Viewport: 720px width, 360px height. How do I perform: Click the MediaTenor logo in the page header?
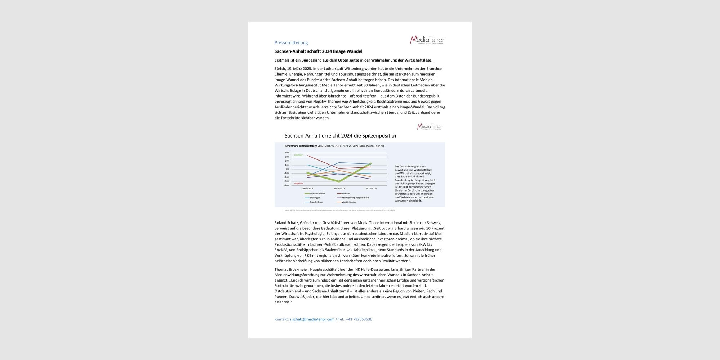tap(427, 40)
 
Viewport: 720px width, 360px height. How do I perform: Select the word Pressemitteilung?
tap(291, 43)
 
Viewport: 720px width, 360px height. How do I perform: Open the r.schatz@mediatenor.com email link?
tap(312, 319)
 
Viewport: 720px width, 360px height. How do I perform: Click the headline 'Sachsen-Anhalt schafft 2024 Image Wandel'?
tap(318, 51)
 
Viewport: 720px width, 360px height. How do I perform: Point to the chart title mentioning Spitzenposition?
tap(341, 136)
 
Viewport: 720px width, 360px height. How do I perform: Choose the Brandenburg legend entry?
tap(316, 202)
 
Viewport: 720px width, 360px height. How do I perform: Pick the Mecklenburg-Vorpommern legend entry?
tap(355, 198)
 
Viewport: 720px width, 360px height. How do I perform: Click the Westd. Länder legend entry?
tap(348, 202)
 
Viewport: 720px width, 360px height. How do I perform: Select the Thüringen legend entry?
tap(314, 198)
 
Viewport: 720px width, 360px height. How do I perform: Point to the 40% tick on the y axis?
tap(287, 153)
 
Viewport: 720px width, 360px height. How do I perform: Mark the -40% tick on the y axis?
tap(287, 185)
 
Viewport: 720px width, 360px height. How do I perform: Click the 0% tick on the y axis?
tap(288, 169)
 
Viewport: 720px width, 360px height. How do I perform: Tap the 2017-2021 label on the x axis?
tap(339, 189)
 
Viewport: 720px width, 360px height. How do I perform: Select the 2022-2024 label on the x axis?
tap(371, 189)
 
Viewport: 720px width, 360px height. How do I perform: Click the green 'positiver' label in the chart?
tap(298, 155)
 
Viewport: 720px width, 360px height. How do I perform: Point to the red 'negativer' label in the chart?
tap(299, 183)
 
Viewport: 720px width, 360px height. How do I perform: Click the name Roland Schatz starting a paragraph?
tap(286, 223)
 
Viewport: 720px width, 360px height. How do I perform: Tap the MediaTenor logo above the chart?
tap(429, 127)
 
